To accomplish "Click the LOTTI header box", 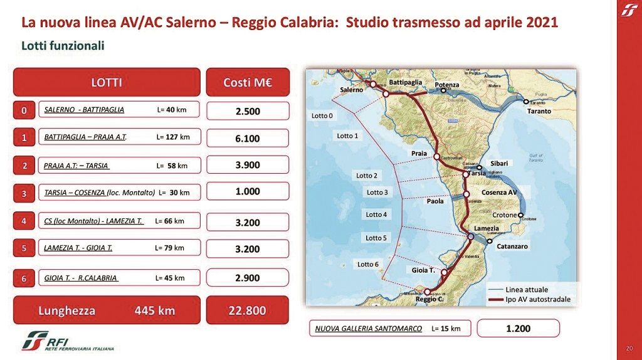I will pyautogui.click(x=107, y=82).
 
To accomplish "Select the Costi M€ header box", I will pyautogui.click(x=248, y=82).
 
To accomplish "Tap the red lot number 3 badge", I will pyautogui.click(x=24, y=194).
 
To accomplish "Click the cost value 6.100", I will pyautogui.click(x=248, y=138).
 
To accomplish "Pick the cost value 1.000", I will pyautogui.click(x=248, y=192).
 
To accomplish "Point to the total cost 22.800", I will pyautogui.click(x=248, y=310).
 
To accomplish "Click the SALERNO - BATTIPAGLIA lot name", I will pyautogui.click(x=84, y=110).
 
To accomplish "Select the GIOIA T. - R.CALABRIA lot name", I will pyautogui.click(x=82, y=278).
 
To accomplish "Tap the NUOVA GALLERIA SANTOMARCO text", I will pyautogui.click(x=369, y=328).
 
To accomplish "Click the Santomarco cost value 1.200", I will pyautogui.click(x=518, y=328).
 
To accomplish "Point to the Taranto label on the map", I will pyautogui.click(x=539, y=111).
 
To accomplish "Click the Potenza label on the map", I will pyautogui.click(x=447, y=85).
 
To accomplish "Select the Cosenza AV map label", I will pyautogui.click(x=499, y=191).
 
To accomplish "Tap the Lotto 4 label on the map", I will pyautogui.click(x=376, y=214).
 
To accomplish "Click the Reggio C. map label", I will pyautogui.click(x=429, y=300).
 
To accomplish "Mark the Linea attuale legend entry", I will pyautogui.click(x=527, y=290).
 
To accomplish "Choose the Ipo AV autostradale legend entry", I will pyautogui.click(x=537, y=299).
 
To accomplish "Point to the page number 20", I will pyautogui.click(x=629, y=349).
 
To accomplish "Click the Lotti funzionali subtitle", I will pyautogui.click(x=63, y=46).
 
